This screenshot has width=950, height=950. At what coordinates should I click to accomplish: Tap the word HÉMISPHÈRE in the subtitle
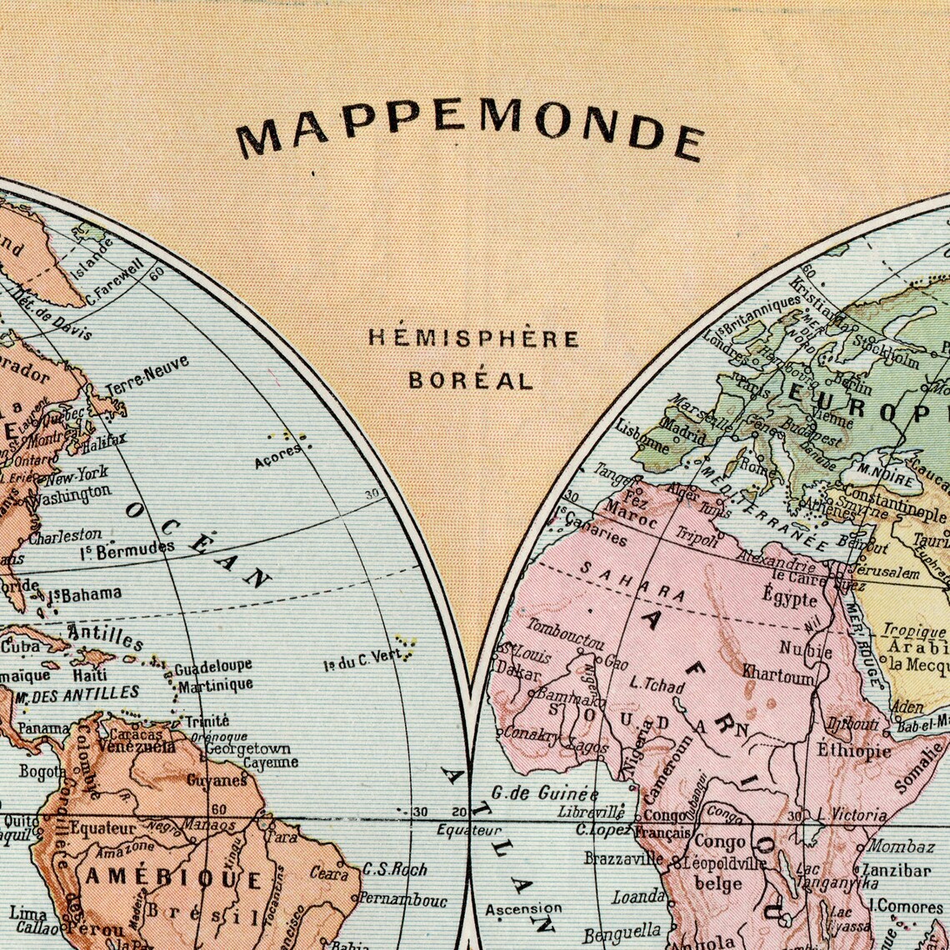tap(473, 338)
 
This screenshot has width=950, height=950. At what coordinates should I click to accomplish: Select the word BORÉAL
tap(470, 381)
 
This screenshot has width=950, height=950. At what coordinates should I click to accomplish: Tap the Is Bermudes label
tap(127, 550)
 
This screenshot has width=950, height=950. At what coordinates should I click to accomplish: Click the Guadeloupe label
tap(212, 667)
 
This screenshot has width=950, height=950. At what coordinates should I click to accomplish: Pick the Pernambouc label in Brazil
tap(402, 900)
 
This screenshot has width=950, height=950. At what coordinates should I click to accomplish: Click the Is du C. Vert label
tap(362, 660)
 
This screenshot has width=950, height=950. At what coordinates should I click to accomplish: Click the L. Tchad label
tap(657, 685)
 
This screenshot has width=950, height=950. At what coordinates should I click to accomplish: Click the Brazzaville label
tap(623, 857)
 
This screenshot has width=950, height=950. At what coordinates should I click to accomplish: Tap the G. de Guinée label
tap(545, 792)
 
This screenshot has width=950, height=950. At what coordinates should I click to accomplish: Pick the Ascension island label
tap(523, 908)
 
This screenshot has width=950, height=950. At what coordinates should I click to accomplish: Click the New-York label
tap(76, 476)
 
